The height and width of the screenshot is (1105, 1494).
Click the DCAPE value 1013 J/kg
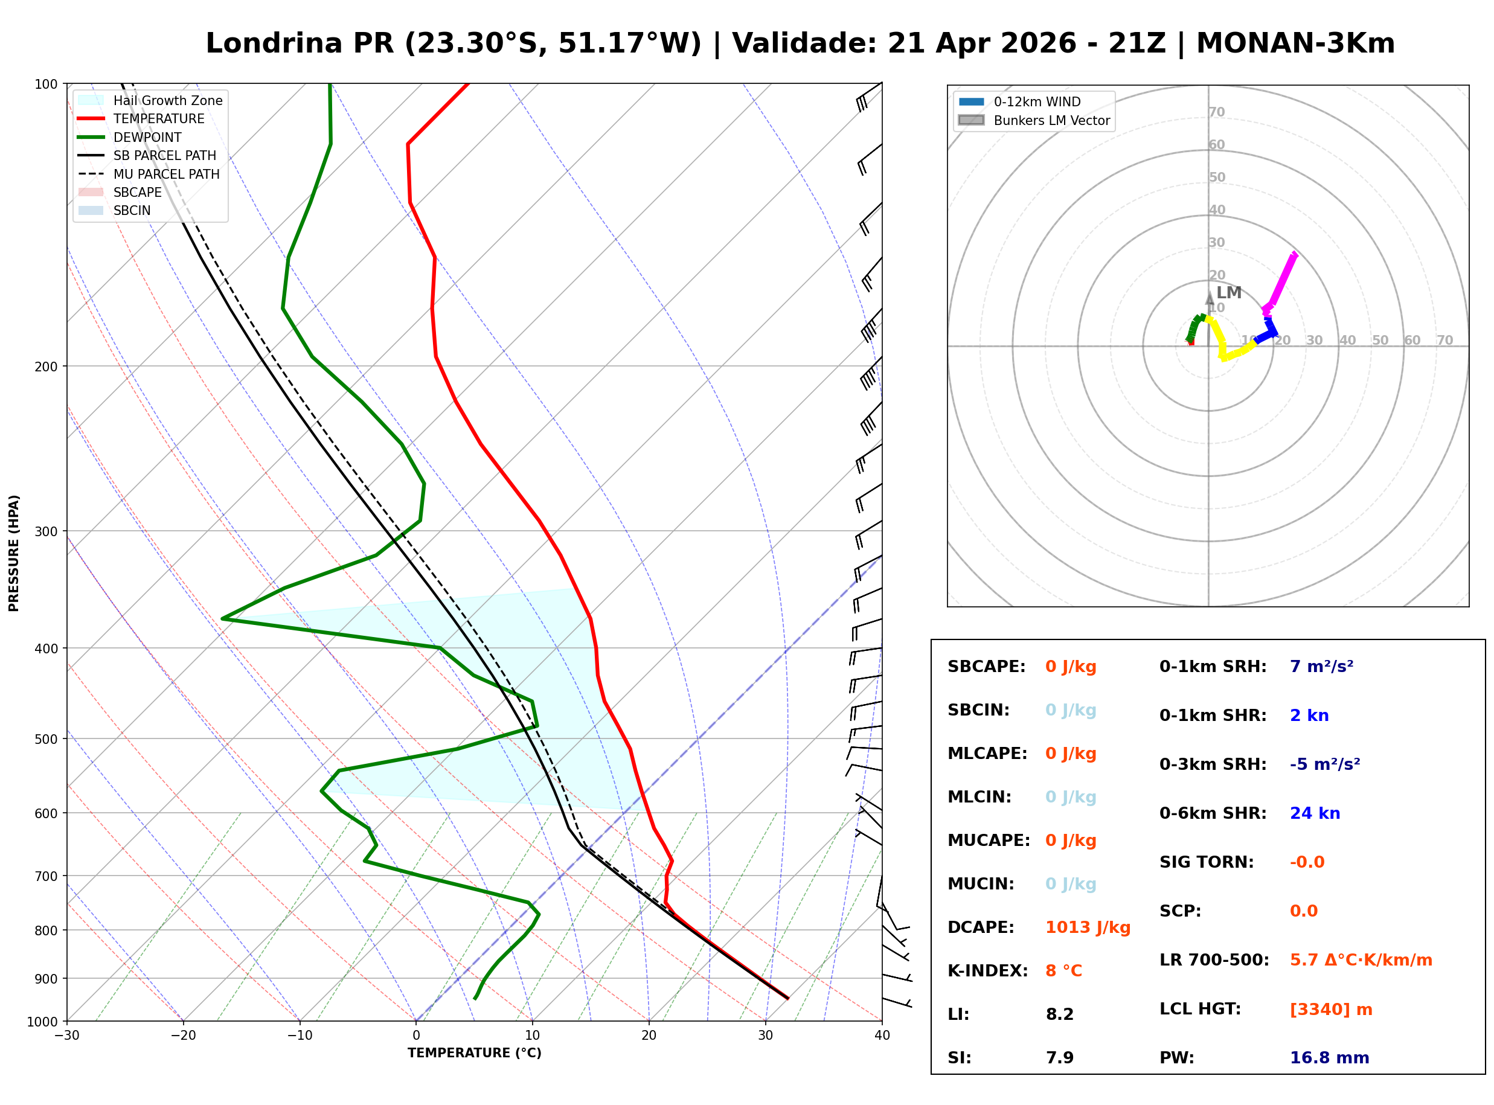click(1088, 927)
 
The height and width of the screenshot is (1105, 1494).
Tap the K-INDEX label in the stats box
click(987, 971)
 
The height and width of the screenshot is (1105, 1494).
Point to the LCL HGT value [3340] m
click(1331, 1010)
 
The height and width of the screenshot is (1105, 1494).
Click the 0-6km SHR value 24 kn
click(1315, 813)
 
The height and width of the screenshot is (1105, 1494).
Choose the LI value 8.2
click(1059, 1014)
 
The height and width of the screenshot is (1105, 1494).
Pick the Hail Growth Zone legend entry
click(167, 100)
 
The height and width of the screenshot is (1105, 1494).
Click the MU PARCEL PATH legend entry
click(166, 174)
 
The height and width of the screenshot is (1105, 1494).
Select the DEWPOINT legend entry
click(147, 137)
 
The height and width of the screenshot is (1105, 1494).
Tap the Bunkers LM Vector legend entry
click(1051, 120)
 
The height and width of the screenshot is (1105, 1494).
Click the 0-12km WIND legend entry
click(1037, 101)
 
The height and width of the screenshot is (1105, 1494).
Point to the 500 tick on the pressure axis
click(46, 739)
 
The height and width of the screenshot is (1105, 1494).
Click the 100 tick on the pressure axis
click(46, 83)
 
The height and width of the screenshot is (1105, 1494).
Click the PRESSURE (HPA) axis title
click(14, 553)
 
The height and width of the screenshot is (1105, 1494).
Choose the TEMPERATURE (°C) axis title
click(474, 1054)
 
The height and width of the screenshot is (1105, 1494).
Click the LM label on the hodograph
click(1228, 293)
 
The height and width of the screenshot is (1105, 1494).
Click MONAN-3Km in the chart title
click(1295, 43)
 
